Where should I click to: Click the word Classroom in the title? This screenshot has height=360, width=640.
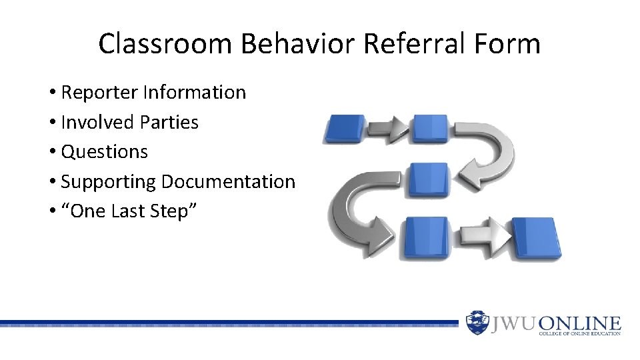pos(166,44)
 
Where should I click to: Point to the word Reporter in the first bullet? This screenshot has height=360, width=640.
pos(99,93)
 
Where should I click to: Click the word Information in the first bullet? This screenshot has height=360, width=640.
pos(195,93)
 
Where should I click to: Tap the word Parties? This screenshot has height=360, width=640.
pos(169,123)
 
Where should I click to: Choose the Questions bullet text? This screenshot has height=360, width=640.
pos(104,152)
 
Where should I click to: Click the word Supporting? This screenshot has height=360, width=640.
pos(109,182)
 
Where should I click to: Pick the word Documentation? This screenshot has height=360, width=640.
pos(228,182)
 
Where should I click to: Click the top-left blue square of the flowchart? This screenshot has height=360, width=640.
pos(344,129)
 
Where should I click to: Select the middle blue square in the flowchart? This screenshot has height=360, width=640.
pos(428,180)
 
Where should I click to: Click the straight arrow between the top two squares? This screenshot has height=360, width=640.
pos(388,129)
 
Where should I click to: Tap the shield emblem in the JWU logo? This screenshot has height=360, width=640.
pos(477,323)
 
